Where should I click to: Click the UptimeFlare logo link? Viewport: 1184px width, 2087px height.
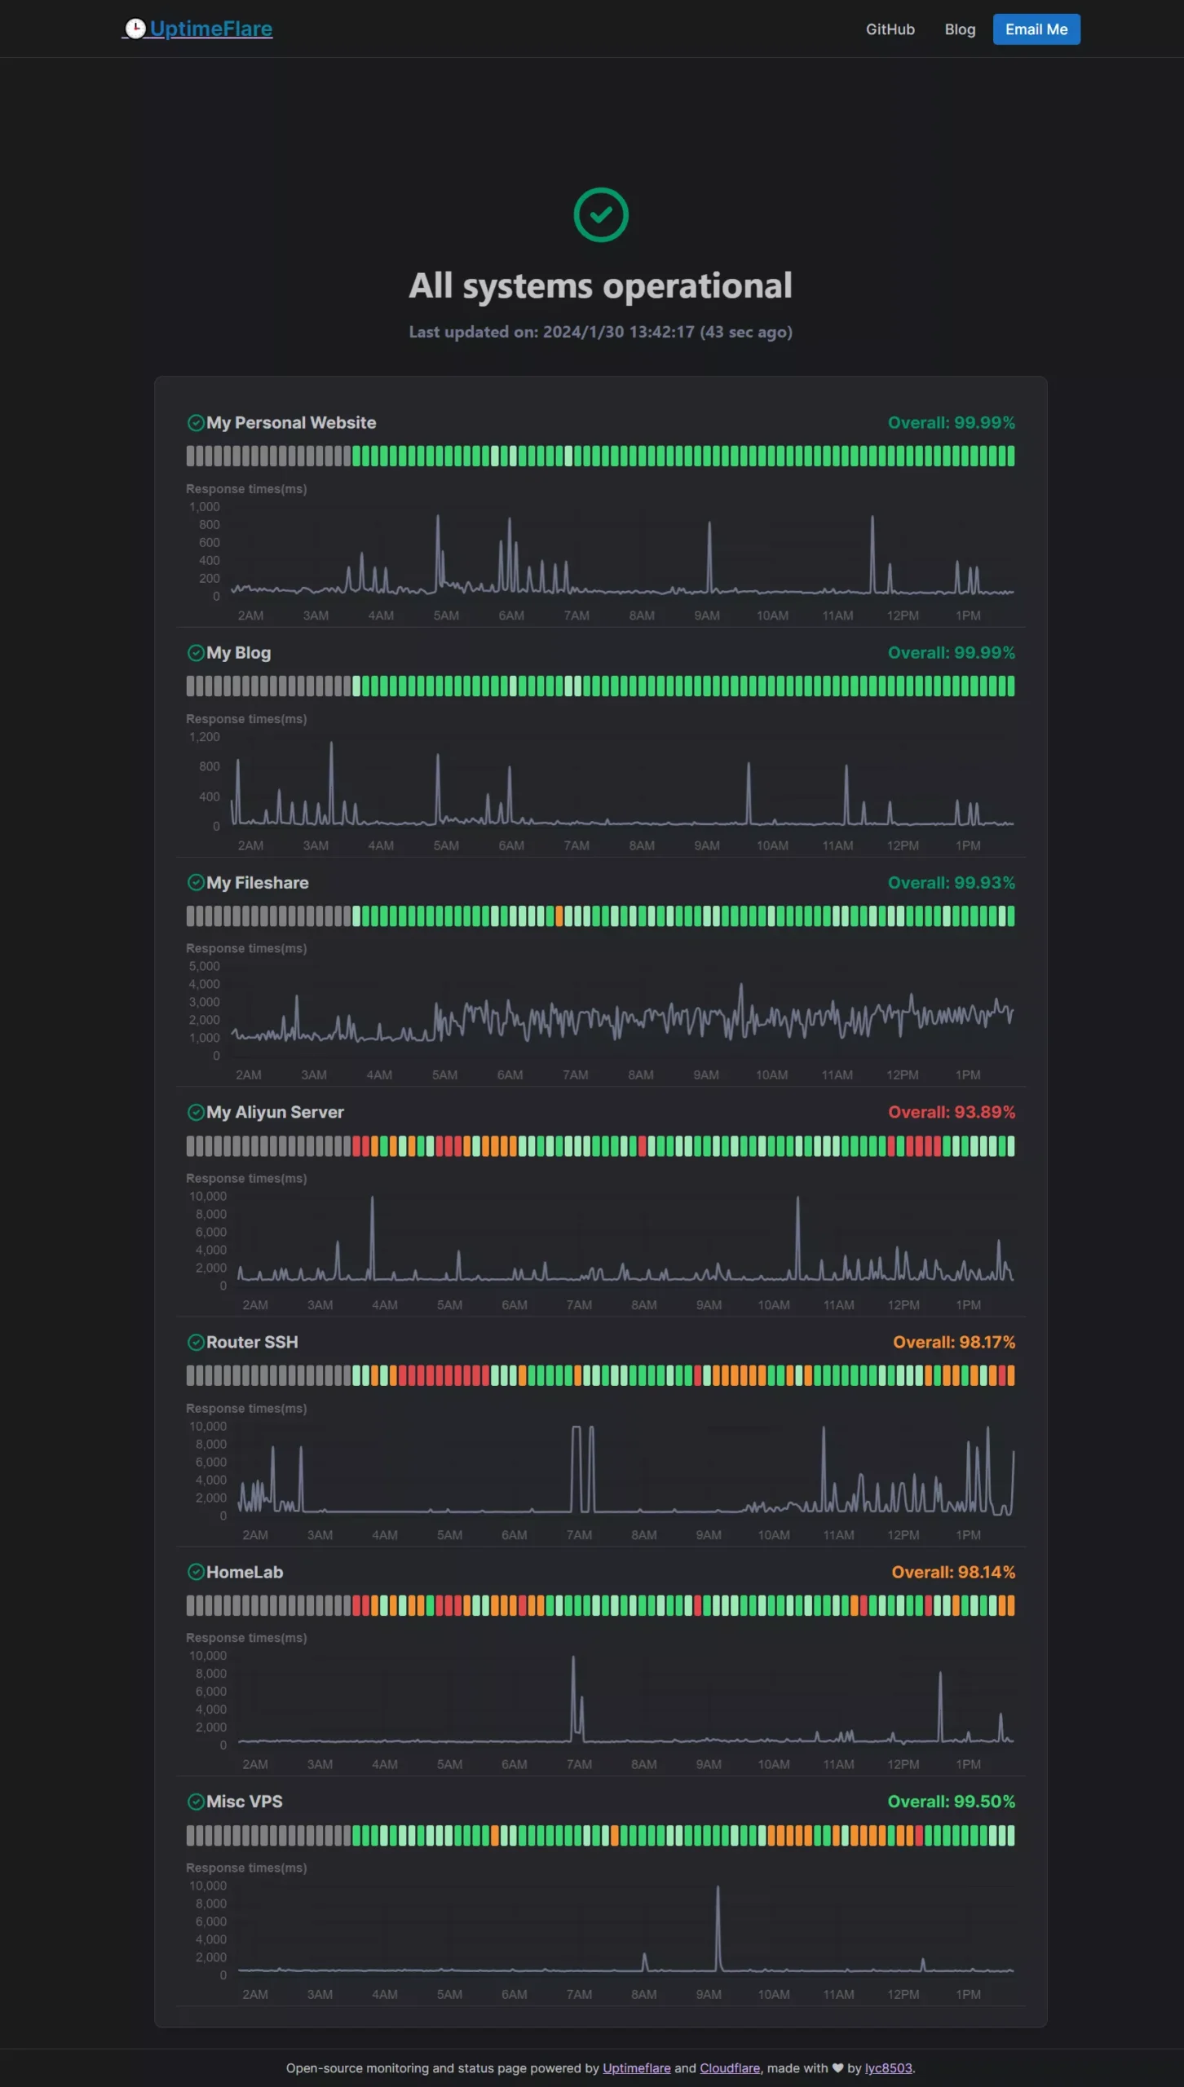click(x=198, y=29)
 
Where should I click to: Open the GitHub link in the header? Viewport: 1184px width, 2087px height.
click(x=890, y=29)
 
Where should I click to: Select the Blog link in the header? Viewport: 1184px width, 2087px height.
click(x=960, y=29)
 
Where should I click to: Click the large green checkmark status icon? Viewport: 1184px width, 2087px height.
click(x=601, y=215)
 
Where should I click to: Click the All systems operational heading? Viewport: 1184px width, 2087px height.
click(x=601, y=286)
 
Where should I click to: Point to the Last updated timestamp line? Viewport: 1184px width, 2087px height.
click(x=601, y=332)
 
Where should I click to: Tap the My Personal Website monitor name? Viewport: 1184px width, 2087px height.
click(x=291, y=422)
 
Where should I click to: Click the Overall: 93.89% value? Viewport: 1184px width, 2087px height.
click(x=951, y=1112)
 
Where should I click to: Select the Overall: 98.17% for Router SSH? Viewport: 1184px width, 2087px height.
click(x=953, y=1342)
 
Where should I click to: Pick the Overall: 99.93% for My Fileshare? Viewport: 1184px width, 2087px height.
click(x=951, y=883)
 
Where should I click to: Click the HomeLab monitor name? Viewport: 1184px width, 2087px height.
click(x=245, y=1572)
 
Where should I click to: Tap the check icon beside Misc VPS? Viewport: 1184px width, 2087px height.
click(x=196, y=1802)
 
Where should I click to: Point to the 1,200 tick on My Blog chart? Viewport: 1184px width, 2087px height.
click(x=205, y=737)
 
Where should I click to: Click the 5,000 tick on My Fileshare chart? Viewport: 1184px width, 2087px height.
click(x=205, y=966)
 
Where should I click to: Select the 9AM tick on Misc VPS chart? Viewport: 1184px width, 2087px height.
click(x=709, y=1994)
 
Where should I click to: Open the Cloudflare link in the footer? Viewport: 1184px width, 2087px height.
click(x=730, y=2068)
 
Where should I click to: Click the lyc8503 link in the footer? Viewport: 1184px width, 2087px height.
click(x=888, y=2068)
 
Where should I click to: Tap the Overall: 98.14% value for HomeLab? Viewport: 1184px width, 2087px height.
click(x=952, y=1572)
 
